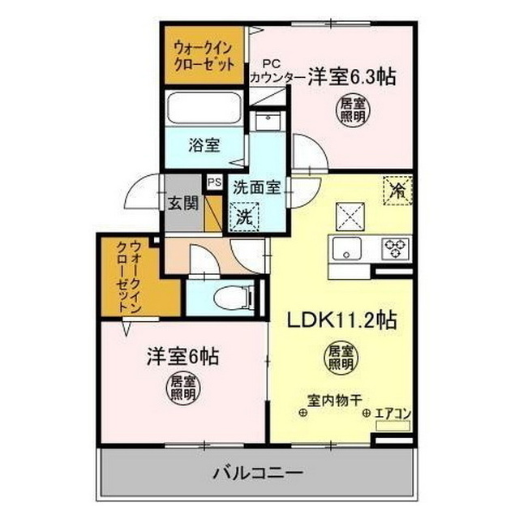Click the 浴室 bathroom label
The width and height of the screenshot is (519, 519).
[204, 147]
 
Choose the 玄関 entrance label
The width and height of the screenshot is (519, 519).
[183, 204]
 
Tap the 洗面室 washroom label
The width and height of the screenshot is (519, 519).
[256, 187]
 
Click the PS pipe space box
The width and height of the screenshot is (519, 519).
[214, 182]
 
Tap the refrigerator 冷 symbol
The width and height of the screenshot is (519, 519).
[397, 191]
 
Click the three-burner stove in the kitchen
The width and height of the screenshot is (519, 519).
[397, 247]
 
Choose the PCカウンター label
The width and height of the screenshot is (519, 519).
[277, 71]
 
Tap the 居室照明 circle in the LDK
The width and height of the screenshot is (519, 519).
[341, 358]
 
